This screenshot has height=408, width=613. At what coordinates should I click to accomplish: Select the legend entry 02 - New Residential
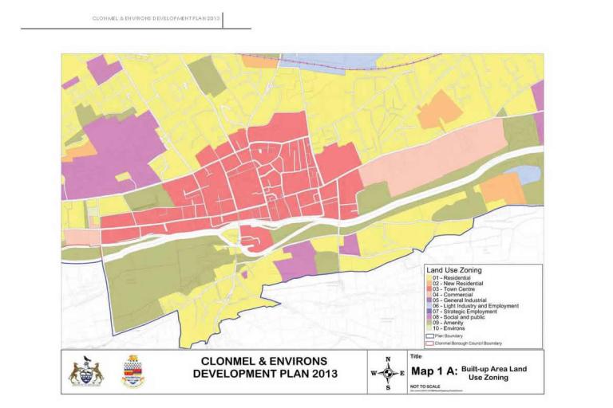tap(462, 284)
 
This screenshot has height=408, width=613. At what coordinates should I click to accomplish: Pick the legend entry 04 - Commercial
tap(459, 295)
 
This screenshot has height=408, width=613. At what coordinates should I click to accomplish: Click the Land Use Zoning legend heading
tap(454, 270)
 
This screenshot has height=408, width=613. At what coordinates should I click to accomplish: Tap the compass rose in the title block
tap(387, 373)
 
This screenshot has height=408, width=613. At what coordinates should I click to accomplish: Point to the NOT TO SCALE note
tap(425, 384)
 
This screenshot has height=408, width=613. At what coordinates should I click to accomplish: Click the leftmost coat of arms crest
tap(85, 372)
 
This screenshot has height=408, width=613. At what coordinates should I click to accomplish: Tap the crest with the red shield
tap(132, 371)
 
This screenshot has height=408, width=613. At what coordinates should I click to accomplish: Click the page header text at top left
tap(155, 17)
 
